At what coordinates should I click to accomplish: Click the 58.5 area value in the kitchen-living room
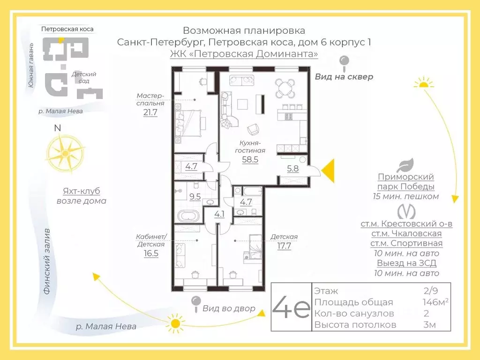[250, 159]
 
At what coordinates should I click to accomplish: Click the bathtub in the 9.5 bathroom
[188, 217]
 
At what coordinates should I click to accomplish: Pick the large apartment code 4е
[291, 307]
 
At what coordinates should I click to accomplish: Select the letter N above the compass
[57, 128]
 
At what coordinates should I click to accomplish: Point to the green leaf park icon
[405, 165]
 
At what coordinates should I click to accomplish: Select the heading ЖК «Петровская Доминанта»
[244, 54]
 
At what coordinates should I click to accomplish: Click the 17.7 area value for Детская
[284, 246]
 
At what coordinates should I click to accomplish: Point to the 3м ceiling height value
[430, 324]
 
